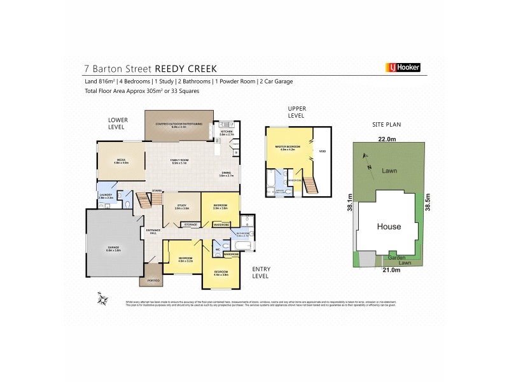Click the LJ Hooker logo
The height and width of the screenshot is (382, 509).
coord(403,67)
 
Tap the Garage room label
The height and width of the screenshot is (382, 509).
coord(113,248)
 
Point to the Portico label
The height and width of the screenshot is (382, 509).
coord(153,280)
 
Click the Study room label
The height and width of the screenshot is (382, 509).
coord(182,206)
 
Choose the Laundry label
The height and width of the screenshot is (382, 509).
coord(106,197)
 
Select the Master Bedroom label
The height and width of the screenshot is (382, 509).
coord(287,148)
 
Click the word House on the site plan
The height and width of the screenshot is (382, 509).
coord(389,227)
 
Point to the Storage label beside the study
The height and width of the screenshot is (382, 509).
coord(190,225)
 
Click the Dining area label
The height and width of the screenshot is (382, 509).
coord(227,173)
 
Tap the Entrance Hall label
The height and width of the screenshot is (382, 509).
coord(153,231)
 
